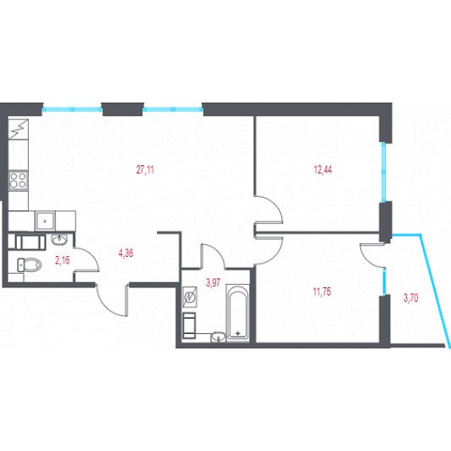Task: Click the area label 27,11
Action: tap(145, 170)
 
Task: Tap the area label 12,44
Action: tap(323, 170)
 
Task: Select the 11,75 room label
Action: tap(322, 292)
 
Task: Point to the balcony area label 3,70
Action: tap(410, 298)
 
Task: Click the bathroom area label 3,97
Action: tap(213, 282)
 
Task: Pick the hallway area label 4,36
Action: tap(125, 253)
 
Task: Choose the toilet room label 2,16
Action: tap(62, 260)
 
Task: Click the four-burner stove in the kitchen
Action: tap(18, 181)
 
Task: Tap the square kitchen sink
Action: tap(45, 221)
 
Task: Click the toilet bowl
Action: tap(30, 264)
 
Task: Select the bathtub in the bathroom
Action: tap(237, 311)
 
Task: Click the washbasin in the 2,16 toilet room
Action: tap(59, 239)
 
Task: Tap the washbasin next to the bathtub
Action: tap(219, 337)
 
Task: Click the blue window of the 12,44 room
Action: tap(383, 172)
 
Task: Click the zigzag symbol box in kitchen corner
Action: tap(18, 129)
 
